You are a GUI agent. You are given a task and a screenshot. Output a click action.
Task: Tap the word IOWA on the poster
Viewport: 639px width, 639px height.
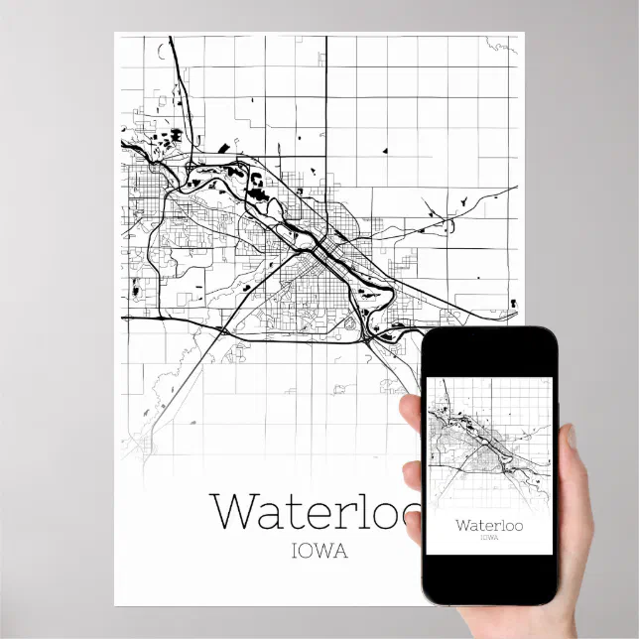(x=319, y=552)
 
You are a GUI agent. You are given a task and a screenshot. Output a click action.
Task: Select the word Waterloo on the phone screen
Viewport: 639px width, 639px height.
(x=488, y=524)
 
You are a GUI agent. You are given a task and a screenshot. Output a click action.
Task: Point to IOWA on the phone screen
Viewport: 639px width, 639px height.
(x=488, y=538)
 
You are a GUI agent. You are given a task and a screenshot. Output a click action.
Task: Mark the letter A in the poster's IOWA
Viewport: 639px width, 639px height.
(x=341, y=552)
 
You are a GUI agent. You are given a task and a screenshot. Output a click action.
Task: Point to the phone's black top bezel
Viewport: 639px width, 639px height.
(x=488, y=349)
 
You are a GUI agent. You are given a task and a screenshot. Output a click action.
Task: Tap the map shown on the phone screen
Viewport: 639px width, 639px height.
(x=488, y=447)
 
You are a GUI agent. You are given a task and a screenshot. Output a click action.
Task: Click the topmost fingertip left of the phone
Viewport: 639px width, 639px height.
(x=411, y=408)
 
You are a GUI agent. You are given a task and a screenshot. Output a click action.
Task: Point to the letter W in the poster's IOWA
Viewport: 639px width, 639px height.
(x=324, y=552)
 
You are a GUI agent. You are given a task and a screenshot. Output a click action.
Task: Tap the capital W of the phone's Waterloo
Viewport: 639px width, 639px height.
(x=463, y=524)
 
